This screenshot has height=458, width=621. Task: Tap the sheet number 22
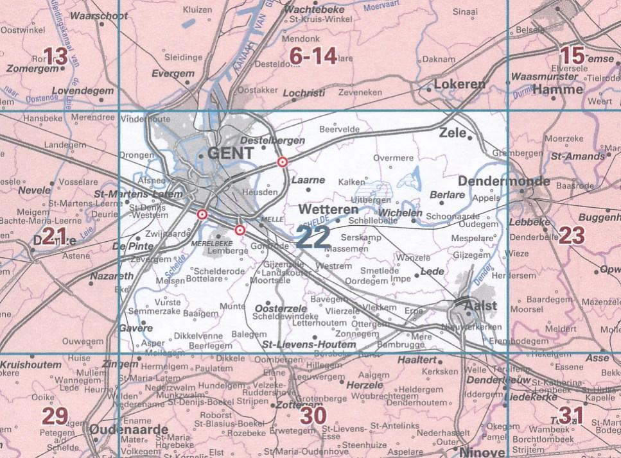[314, 237]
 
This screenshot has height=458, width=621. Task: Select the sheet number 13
[55, 56]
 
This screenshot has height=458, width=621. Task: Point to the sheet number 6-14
[313, 58]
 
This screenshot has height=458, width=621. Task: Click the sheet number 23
[572, 236]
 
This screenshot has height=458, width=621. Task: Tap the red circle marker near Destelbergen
[281, 162]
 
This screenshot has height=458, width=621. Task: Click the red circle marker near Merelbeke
[240, 230]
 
